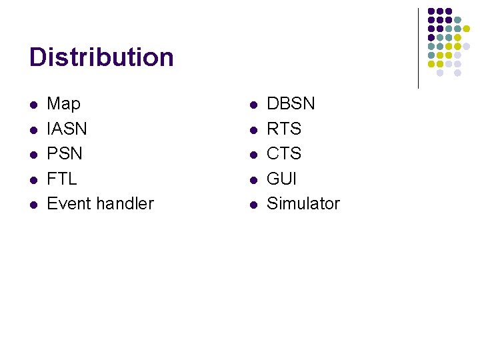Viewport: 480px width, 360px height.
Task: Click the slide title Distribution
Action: coord(101,57)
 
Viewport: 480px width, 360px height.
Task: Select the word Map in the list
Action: coord(64,104)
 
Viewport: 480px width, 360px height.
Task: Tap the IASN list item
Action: coord(67,129)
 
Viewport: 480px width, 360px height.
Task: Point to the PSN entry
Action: coord(65,154)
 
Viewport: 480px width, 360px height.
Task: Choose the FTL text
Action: coord(63,179)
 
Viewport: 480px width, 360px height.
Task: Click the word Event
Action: coord(69,204)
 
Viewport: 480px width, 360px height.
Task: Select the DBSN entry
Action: coord(291,104)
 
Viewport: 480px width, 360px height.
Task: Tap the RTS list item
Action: coord(284,129)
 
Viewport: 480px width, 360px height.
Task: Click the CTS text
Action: coord(284,154)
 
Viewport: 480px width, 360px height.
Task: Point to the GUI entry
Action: coord(281,179)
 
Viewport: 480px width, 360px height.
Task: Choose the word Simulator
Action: coord(303,204)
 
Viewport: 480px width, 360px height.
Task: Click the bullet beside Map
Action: coord(33,105)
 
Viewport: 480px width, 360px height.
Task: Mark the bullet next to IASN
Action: coord(33,130)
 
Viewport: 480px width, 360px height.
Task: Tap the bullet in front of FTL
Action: coord(33,180)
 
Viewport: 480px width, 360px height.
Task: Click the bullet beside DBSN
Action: coord(253,105)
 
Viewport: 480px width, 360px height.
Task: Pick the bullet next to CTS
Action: coord(253,155)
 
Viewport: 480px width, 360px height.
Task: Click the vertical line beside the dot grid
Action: coord(418,48)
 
